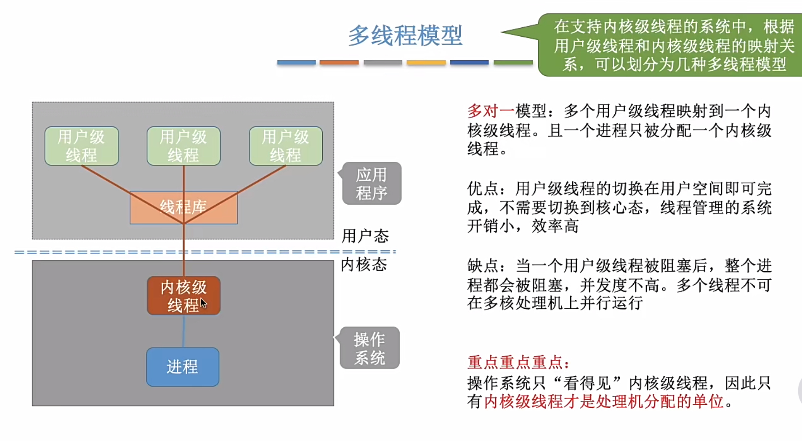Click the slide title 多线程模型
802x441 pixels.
pyautogui.click(x=405, y=35)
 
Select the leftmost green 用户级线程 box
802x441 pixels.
pyautogui.click(x=82, y=146)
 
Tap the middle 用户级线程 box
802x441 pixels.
pyautogui.click(x=183, y=146)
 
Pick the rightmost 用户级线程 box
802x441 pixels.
pyautogui.click(x=286, y=146)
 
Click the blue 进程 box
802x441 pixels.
pyautogui.click(x=183, y=367)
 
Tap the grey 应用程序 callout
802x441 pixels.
pyautogui.click(x=372, y=184)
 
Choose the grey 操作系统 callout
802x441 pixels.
pyautogui.click(x=369, y=348)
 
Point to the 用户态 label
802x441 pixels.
pyautogui.click(x=365, y=236)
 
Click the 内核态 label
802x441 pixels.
pyautogui.click(x=364, y=265)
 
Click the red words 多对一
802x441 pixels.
pyautogui.click(x=491, y=111)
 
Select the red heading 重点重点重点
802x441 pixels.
pyautogui.click(x=518, y=362)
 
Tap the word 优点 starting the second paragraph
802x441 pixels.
pyautogui.click(x=483, y=189)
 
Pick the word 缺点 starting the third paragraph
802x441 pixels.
pyautogui.click(x=483, y=266)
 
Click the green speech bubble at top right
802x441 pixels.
pyautogui.click(x=673, y=45)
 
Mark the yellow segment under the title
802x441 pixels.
pyautogui.click(x=426, y=62)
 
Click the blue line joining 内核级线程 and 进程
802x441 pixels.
pyautogui.click(x=183, y=331)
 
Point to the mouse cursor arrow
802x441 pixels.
pyautogui.click(x=204, y=303)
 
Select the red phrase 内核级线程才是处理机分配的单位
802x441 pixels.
pyautogui.click(x=603, y=401)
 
